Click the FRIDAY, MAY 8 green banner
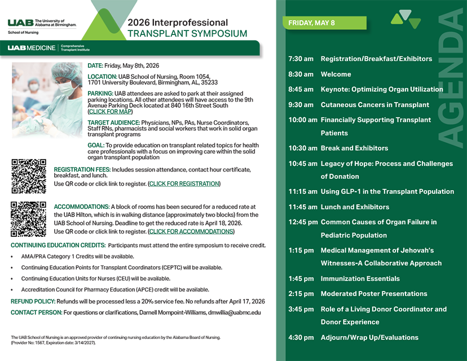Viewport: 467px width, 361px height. [x=324, y=23]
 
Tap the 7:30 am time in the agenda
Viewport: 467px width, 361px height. [x=301, y=59]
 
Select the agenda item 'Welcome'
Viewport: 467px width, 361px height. [x=336, y=74]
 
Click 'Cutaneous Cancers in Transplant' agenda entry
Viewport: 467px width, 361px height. [x=375, y=105]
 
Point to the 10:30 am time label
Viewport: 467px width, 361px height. [x=302, y=148]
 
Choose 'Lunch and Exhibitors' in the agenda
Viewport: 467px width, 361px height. [x=355, y=207]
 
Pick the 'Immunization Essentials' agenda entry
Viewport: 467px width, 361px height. [x=360, y=279]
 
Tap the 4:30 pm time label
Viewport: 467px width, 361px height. [x=301, y=338]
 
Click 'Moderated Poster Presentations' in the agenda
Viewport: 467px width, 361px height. [x=374, y=294]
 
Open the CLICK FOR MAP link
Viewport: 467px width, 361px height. [x=110, y=112]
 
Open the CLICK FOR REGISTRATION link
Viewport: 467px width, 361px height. [x=184, y=184]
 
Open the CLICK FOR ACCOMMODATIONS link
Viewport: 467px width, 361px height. [x=191, y=231]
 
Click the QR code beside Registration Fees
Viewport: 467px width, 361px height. [x=28, y=177]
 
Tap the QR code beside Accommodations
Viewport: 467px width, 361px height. [x=28, y=219]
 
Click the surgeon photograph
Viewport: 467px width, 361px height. [x=47, y=100]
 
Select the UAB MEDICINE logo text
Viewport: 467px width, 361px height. [x=32, y=48]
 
